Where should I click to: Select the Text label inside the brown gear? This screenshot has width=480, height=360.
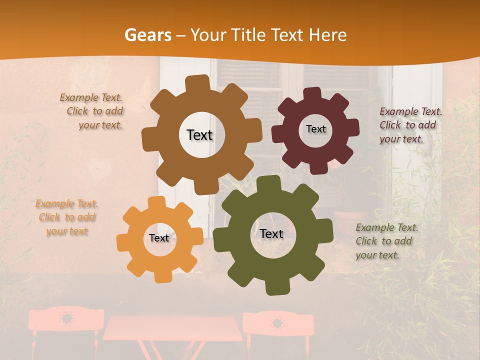199,135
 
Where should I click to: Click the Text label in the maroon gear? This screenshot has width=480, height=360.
315,129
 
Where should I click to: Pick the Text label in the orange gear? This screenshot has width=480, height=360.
159,238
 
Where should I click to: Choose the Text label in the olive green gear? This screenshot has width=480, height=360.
271,233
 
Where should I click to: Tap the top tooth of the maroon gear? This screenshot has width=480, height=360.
312,93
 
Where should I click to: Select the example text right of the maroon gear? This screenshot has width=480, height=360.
410,125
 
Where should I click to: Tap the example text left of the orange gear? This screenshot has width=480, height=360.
66,217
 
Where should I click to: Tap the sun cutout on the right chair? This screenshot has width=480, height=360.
277,322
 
